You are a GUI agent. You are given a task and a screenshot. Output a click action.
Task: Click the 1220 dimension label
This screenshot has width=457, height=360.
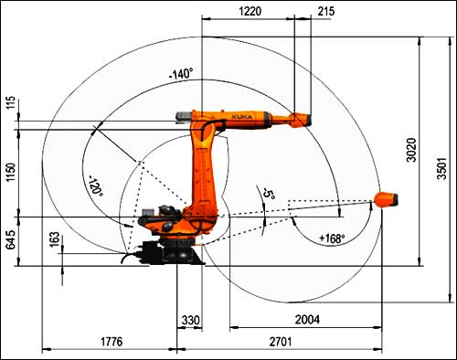tap(250, 11)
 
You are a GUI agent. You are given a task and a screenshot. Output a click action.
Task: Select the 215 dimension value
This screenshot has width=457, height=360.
tap(326, 11)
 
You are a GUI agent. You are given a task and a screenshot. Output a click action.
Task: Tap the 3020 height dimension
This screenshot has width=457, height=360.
tap(411, 150)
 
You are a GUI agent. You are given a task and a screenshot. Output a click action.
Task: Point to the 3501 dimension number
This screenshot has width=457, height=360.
tap(441, 168)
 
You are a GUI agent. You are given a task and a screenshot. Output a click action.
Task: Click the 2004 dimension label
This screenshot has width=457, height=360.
tap(307, 320)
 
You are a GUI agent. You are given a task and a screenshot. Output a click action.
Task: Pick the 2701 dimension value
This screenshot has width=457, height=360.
tap(281, 342)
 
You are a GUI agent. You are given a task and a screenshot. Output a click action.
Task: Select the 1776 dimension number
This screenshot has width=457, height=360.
tap(112, 342)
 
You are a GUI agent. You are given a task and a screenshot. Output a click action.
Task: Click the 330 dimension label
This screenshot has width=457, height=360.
tap(191, 320)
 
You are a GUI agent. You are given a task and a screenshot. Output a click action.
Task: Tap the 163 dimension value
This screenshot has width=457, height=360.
tap(55, 239)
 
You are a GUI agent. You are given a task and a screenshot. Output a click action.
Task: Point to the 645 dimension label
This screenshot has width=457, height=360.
tap(10, 239)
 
